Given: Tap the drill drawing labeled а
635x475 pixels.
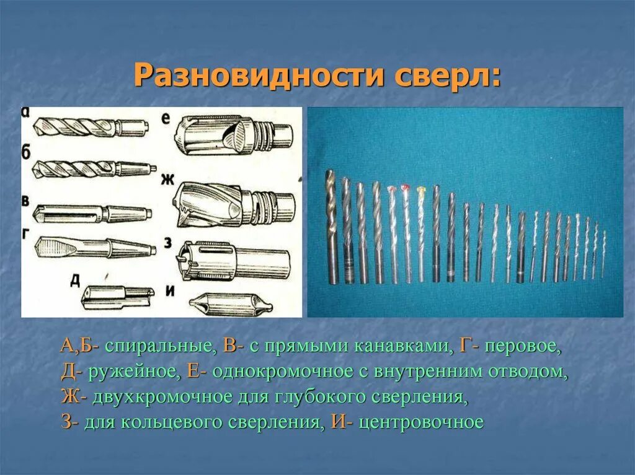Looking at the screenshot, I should point(90,128).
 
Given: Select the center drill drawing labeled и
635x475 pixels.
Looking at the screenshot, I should point(230,303).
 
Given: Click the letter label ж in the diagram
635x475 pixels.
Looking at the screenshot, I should point(166,180).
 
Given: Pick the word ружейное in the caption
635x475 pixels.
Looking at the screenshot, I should point(134,372).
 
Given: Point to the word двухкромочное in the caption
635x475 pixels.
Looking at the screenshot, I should point(164,398).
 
